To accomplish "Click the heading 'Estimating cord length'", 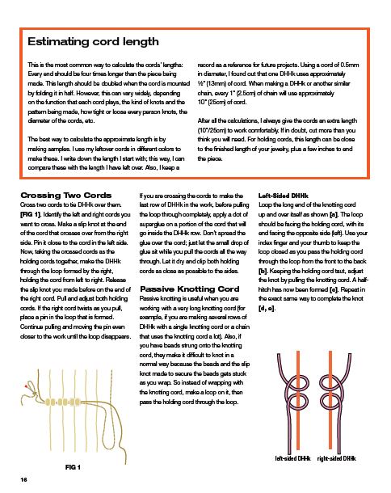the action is pyautogui.click(x=93, y=41).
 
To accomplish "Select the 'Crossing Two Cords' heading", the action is pyautogui.click(x=65, y=196).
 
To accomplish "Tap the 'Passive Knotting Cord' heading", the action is pyautogui.click(x=190, y=289).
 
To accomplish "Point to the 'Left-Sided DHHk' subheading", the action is pyautogui.click(x=284, y=196).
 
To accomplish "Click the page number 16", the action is pyautogui.click(x=23, y=479).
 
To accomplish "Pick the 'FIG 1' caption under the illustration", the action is pyautogui.click(x=73, y=467).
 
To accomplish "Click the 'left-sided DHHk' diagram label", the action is pyautogui.click(x=292, y=458).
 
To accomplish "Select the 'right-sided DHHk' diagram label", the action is pyautogui.click(x=336, y=458).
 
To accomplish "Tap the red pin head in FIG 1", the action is pyautogui.click(x=26, y=386).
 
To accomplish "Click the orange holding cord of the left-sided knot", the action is pyautogui.click(x=297, y=401).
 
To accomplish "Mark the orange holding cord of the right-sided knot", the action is pyautogui.click(x=330, y=401).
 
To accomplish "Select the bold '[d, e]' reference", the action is pyautogui.click(x=267, y=308).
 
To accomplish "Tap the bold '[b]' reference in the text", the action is pyautogui.click(x=263, y=271).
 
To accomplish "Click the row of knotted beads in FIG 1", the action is pyautogui.click(x=64, y=402).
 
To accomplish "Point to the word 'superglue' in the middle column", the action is pyautogui.click(x=153, y=224).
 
